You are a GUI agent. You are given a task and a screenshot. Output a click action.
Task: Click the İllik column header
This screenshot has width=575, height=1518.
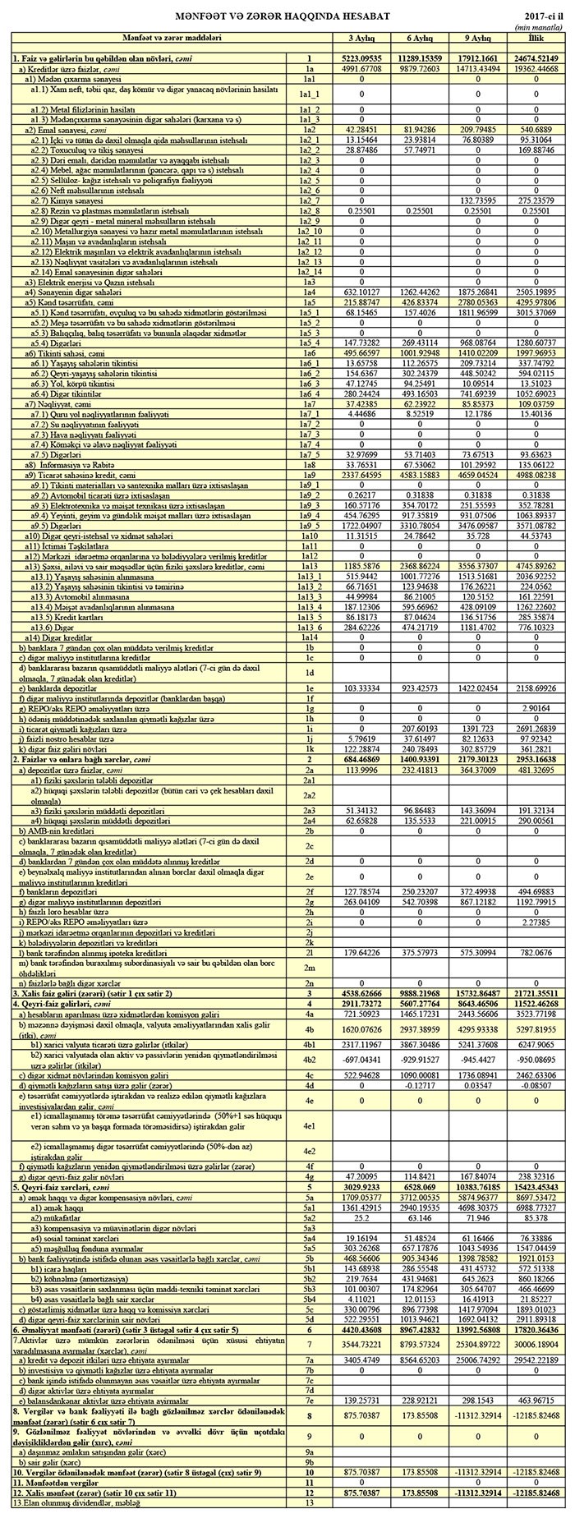click(535, 39)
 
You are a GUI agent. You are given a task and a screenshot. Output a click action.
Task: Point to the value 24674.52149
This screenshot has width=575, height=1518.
click(535, 59)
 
